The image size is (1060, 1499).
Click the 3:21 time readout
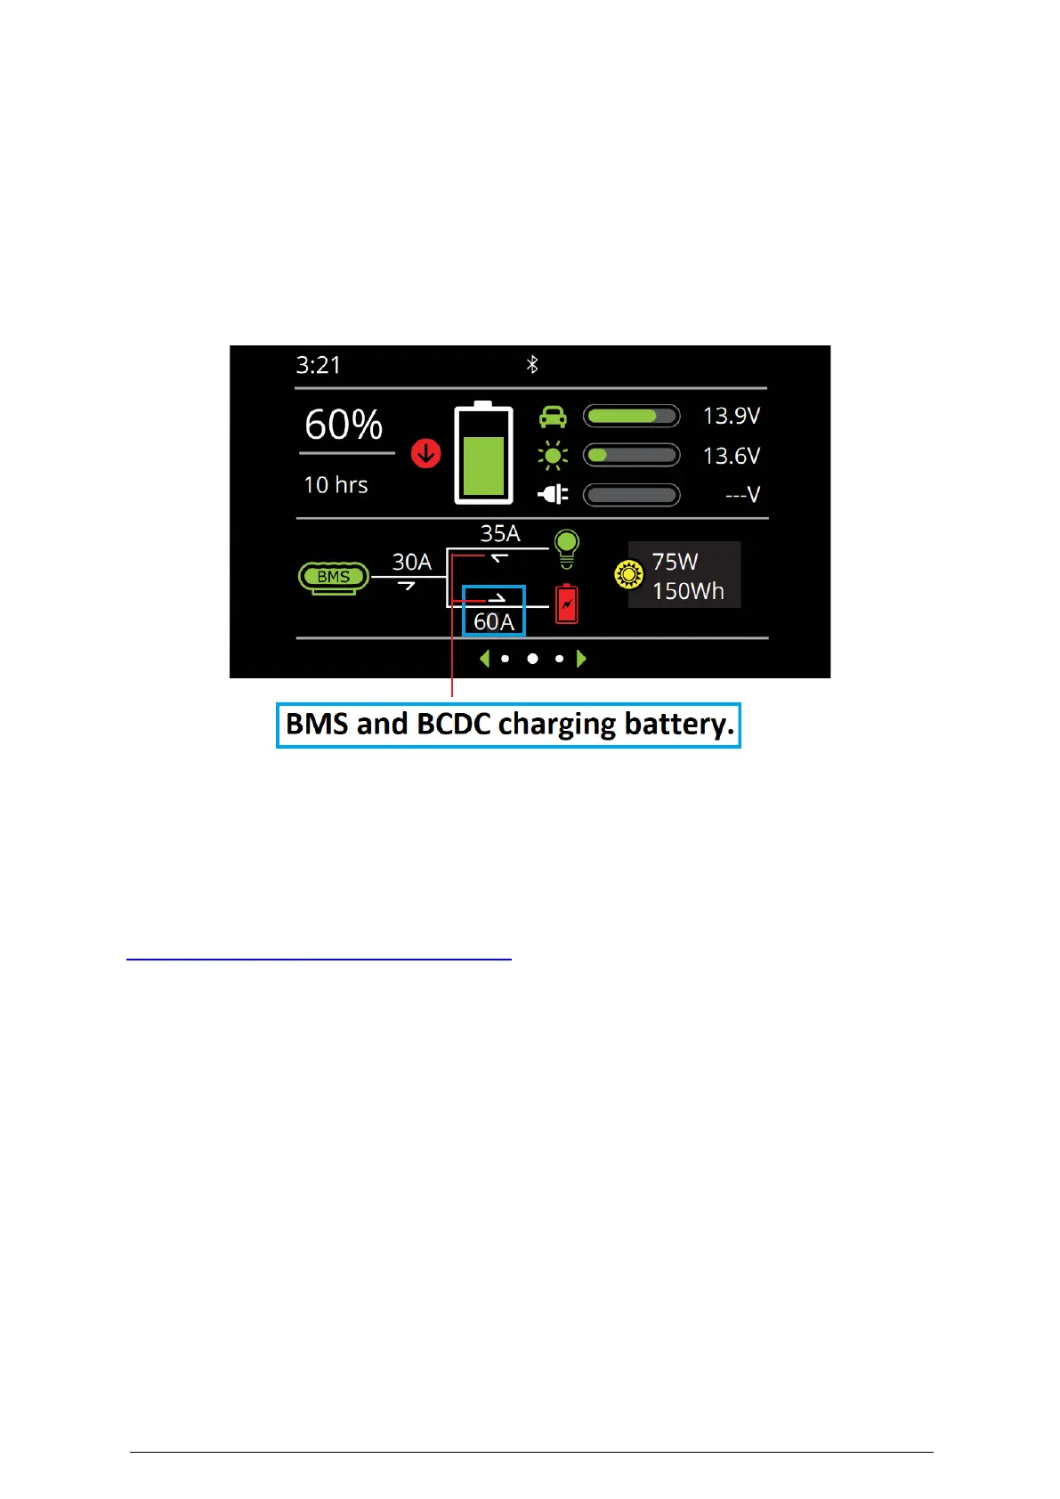pyautogui.click(x=318, y=365)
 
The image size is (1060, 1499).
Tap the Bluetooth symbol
pyautogui.click(x=532, y=364)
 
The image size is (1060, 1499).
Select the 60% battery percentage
pyautogui.click(x=344, y=425)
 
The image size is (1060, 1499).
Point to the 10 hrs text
pyautogui.click(x=336, y=485)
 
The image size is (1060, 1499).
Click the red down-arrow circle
pyautogui.click(x=426, y=454)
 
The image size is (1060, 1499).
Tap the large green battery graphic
pyautogui.click(x=483, y=454)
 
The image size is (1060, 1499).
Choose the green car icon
pyautogui.click(x=553, y=416)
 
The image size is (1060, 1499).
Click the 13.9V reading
pyautogui.click(x=731, y=416)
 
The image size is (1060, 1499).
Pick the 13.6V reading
pyautogui.click(x=731, y=456)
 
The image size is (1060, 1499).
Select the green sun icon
pyautogui.click(x=553, y=456)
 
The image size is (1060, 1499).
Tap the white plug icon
pyautogui.click(x=553, y=494)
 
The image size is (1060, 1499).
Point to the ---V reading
pyautogui.click(x=742, y=495)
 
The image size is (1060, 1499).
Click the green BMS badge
pyautogui.click(x=333, y=577)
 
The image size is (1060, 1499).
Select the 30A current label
pyautogui.click(x=411, y=563)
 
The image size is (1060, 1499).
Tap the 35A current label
pyautogui.click(x=499, y=533)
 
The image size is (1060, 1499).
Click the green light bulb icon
pyautogui.click(x=566, y=547)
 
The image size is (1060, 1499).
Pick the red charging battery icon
pyautogui.click(x=566, y=604)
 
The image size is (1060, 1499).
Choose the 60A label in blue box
pyautogui.click(x=494, y=621)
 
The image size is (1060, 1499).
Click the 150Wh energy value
pyautogui.click(x=688, y=591)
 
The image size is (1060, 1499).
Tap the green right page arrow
pyautogui.click(x=581, y=659)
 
